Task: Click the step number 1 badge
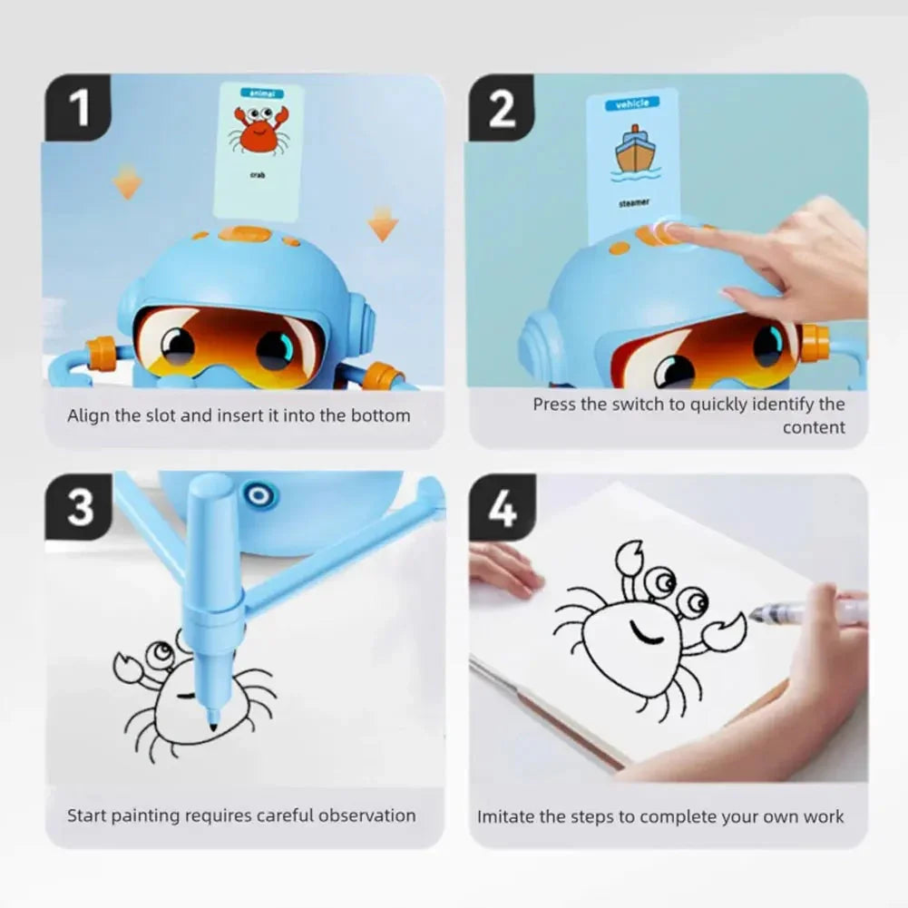(79, 107)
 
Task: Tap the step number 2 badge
(502, 107)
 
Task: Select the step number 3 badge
(80, 507)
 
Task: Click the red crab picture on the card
(259, 130)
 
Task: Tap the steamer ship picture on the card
(635, 152)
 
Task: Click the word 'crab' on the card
(258, 174)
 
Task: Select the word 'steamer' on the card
(634, 203)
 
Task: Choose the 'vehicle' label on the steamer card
(632, 104)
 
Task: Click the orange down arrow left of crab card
(127, 183)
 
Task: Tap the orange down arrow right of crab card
(383, 223)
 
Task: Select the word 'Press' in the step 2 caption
(554, 405)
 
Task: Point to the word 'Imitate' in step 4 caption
(506, 816)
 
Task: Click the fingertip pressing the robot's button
(674, 232)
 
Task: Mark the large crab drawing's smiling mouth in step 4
(647, 632)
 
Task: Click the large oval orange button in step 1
(245, 235)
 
